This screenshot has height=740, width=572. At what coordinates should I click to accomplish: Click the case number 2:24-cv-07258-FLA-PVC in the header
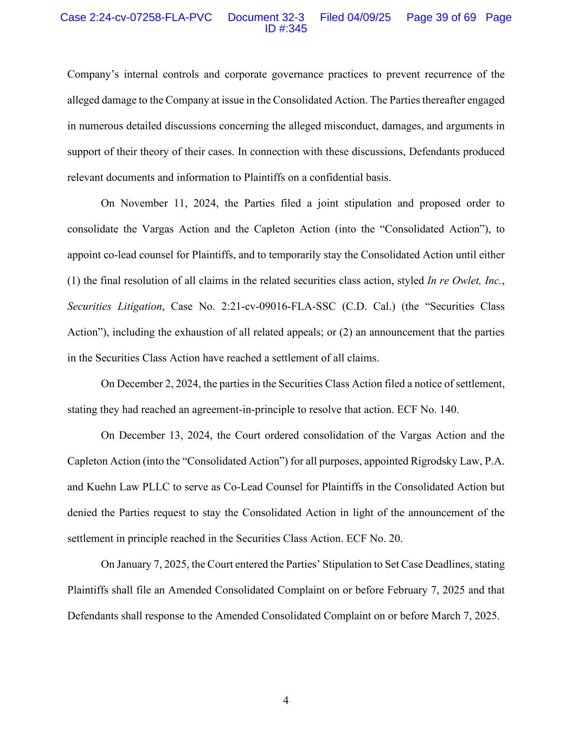[150, 17]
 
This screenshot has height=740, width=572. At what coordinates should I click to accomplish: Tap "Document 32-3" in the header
[266, 17]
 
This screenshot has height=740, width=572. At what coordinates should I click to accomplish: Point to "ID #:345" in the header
[286, 29]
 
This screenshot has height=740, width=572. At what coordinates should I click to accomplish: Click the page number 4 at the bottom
[286, 700]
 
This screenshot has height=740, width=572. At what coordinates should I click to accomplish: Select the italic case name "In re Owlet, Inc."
[465, 281]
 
